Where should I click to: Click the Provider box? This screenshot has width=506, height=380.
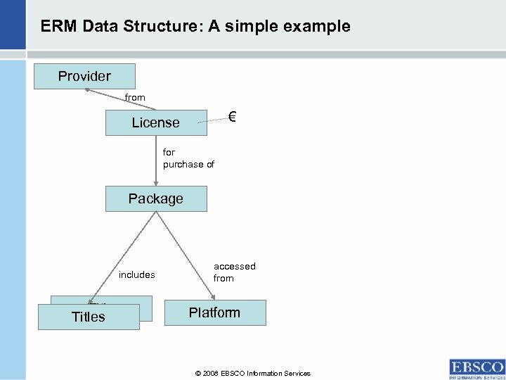84,76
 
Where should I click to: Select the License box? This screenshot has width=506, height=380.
156,122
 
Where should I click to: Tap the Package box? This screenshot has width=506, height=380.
156,198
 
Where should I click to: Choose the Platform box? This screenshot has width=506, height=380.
214,312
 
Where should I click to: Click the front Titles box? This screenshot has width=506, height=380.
89,317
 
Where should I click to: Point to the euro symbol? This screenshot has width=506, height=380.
231,117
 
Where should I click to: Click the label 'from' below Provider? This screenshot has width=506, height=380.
135,98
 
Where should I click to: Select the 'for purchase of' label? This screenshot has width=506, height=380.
188,158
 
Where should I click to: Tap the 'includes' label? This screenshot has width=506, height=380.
136,274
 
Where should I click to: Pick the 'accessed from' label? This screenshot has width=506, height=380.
234,272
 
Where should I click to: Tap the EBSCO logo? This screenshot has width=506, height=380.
476,368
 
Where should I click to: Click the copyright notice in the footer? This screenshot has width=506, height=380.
252,373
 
